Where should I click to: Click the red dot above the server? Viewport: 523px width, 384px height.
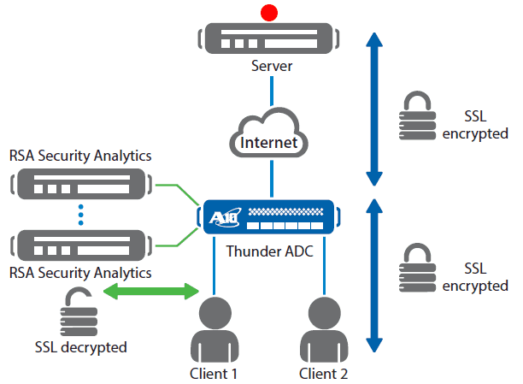(271, 12)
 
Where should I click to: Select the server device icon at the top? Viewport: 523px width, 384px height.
(271, 38)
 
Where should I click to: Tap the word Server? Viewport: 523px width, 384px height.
(271, 66)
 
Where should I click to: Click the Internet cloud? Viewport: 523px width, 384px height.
(271, 137)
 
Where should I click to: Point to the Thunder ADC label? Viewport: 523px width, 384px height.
(269, 251)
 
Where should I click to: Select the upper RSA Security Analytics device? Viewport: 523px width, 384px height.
(79, 183)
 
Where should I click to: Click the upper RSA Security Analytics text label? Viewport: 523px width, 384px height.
(79, 156)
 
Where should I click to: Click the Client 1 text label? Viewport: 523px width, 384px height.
(213, 373)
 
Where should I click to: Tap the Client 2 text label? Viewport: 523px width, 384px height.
(324, 373)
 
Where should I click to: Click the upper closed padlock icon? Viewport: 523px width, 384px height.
(416, 117)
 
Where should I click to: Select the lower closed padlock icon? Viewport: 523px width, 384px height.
(416, 270)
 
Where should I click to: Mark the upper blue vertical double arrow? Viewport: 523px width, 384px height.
(373, 109)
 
